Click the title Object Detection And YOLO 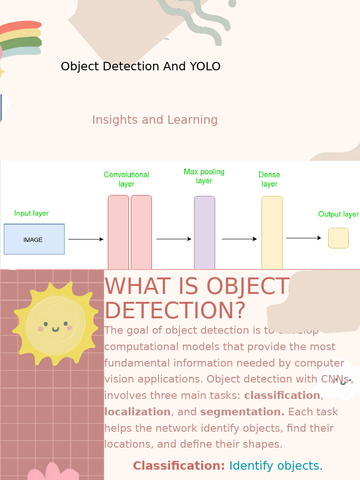pos(141,67)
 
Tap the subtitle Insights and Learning pos(155,120)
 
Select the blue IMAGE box pos(34,240)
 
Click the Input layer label pos(31,213)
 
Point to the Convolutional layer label pos(126,179)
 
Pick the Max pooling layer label pos(204,176)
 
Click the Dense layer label pos(269,179)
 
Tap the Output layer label pos(338,214)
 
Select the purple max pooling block pos(204,232)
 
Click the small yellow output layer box pos(338,238)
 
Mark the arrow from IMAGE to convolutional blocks pos(86,240)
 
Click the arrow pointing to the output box pos(303,238)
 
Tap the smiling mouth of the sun pos(55,330)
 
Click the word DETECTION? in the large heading pos(175,310)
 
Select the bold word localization pos(137,412)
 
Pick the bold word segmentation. pos(242,412)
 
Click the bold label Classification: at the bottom pos(179,466)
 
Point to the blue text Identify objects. pos(276,466)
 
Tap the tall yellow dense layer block pos(272,232)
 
